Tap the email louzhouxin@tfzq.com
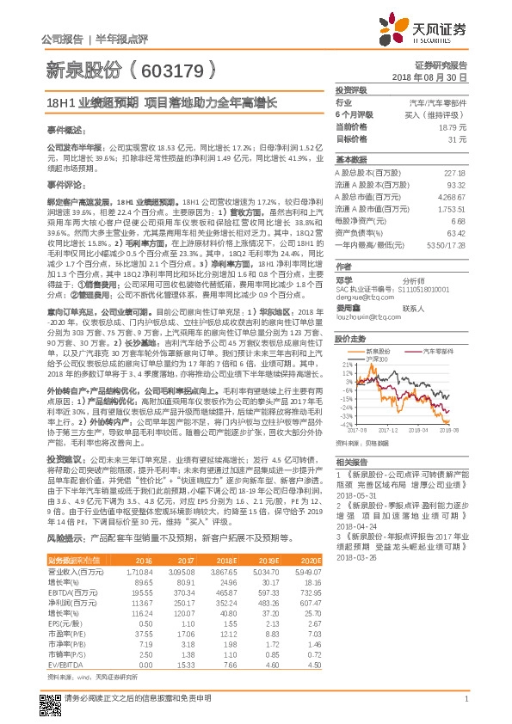(363, 316)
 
